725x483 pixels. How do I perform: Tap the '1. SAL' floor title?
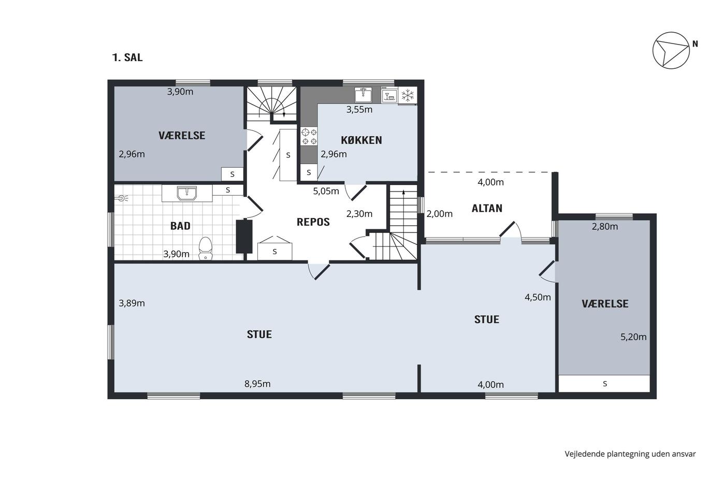tap(127, 57)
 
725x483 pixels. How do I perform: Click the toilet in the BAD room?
tap(205, 248)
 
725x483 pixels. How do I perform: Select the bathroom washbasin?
tap(187, 193)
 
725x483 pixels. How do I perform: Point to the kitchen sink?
tap(363, 94)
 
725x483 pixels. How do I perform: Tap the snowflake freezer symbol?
tap(408, 95)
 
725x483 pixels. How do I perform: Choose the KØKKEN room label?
tap(361, 140)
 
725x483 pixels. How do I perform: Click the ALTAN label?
tap(487, 208)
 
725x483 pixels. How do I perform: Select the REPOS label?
tap(313, 222)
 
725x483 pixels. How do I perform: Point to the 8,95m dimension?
tap(257, 384)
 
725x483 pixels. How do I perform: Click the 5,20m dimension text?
tap(633, 337)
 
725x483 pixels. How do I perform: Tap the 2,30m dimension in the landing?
tap(359, 214)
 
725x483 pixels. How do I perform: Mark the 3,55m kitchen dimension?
tap(359, 110)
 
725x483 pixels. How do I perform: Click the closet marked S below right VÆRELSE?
tap(604, 384)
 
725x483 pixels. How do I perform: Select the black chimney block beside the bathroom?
tap(244, 236)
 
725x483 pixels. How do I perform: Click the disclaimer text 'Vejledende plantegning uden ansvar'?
tap(630, 454)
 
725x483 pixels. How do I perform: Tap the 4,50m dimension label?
tap(538, 297)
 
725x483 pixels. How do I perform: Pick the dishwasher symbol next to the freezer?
tap(389, 95)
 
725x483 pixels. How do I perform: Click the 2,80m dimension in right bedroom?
tap(605, 226)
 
